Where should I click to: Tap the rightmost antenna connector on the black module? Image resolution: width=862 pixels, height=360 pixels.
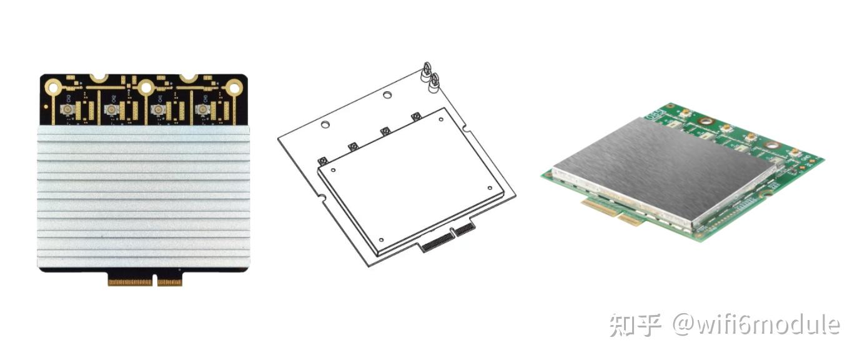click(x=202, y=110)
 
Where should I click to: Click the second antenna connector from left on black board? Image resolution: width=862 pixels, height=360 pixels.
click(x=112, y=110)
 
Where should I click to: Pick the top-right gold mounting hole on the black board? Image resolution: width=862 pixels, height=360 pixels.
click(x=234, y=87)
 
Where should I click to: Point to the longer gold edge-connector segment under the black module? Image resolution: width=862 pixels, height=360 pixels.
click(x=130, y=282)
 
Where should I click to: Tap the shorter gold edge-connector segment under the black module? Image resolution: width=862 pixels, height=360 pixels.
click(x=169, y=282)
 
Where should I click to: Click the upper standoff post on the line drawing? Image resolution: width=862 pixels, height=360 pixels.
click(x=427, y=68)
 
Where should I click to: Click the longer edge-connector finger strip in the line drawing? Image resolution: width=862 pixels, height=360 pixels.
click(x=435, y=242)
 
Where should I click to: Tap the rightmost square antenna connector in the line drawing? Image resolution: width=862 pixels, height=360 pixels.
click(x=416, y=116)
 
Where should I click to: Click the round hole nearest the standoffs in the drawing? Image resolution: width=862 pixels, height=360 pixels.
click(x=387, y=96)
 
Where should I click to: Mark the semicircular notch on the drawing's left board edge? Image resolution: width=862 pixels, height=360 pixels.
click(x=323, y=199)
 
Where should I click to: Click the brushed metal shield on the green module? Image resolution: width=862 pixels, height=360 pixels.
click(x=662, y=169)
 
